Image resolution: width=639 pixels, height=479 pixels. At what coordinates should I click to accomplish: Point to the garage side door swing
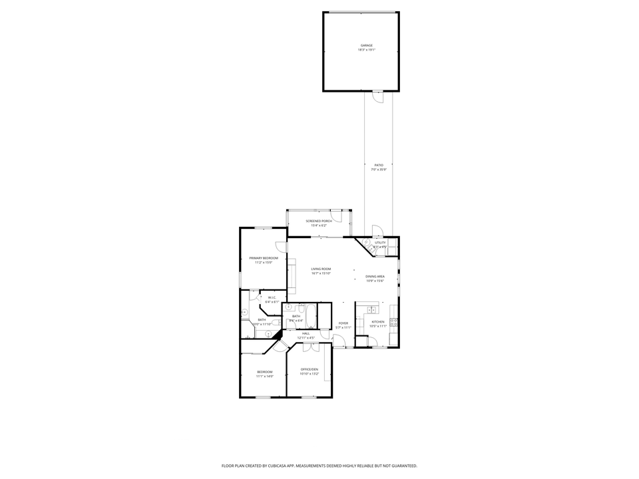(378, 97)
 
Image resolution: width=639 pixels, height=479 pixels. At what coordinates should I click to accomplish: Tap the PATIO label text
(378, 164)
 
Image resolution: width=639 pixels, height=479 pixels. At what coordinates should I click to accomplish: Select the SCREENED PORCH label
(319, 221)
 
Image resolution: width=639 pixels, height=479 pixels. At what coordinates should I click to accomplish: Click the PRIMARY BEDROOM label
(264, 258)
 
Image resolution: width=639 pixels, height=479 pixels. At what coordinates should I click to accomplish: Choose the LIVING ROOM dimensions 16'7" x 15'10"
(321, 273)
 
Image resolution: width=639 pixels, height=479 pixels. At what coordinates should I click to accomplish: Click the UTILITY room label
(380, 243)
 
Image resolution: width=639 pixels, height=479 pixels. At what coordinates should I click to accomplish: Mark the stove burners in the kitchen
(393, 323)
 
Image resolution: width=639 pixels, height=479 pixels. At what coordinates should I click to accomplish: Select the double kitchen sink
(373, 310)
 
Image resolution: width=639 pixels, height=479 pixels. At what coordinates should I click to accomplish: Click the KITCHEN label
(378, 321)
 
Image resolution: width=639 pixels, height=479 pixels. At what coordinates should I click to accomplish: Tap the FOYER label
(343, 323)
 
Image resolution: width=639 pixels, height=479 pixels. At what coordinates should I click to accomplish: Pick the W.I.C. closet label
(272, 298)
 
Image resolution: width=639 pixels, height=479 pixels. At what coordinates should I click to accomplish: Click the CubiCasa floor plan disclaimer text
(319, 466)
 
